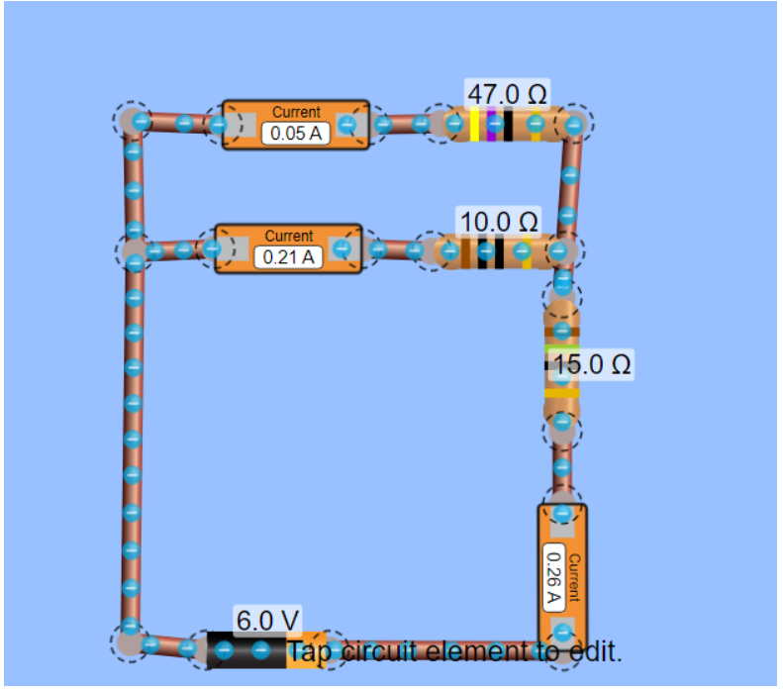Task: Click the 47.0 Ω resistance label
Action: tap(507, 94)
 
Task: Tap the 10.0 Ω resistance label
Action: tap(498, 220)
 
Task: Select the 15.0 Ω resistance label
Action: tap(591, 364)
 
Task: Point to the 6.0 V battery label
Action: tap(266, 621)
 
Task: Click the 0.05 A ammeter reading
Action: tap(295, 134)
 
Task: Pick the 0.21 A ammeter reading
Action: tap(288, 257)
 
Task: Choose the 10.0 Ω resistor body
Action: tap(495, 251)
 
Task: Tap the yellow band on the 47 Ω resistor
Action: tap(475, 125)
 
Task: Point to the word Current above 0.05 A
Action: tap(296, 112)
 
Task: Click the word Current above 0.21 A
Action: tap(288, 236)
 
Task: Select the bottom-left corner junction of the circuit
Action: tap(129, 642)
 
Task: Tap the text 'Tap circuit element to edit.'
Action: tap(454, 651)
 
